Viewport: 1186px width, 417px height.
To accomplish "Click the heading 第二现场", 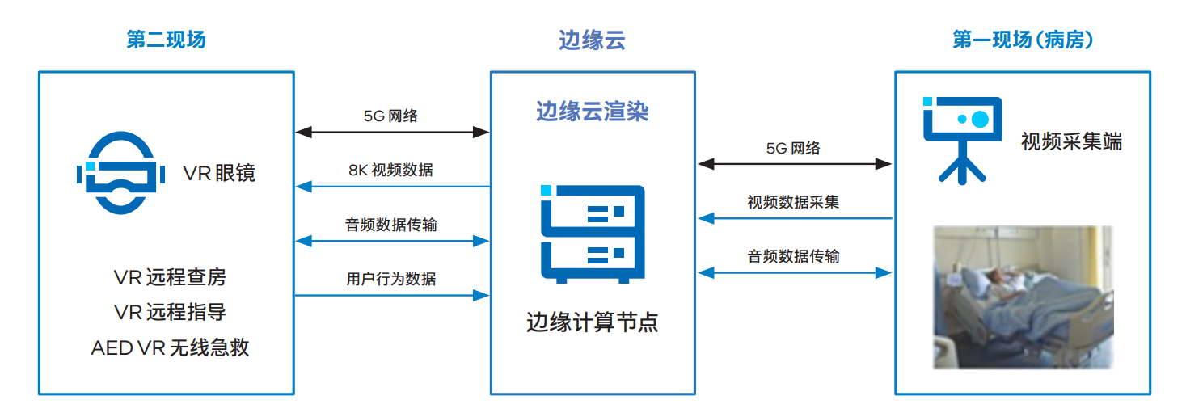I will tap(166, 40).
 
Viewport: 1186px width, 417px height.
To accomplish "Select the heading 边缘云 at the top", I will tap(592, 40).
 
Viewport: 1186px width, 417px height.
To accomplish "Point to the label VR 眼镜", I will tap(219, 173).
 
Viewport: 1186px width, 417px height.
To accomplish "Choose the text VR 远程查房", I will tap(170, 278).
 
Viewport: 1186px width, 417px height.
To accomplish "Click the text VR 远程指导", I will tap(170, 313).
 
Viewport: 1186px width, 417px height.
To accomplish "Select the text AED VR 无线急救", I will tap(170, 348).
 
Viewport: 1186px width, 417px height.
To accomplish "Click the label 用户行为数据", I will tap(391, 279).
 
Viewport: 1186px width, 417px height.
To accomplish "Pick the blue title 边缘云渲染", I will tap(592, 112).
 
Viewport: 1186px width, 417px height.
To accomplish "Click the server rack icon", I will tap(593, 234).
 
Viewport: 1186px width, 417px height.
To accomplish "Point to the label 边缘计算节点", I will tap(592, 322).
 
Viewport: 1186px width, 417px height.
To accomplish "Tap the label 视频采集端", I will tap(1071, 142).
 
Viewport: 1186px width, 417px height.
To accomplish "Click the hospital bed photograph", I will tap(1023, 297).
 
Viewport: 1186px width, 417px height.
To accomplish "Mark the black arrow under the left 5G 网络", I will tap(392, 131).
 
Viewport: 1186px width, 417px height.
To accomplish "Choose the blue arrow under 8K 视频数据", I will tap(392, 187).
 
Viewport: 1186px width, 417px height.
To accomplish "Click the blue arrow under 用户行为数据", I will tap(392, 295).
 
